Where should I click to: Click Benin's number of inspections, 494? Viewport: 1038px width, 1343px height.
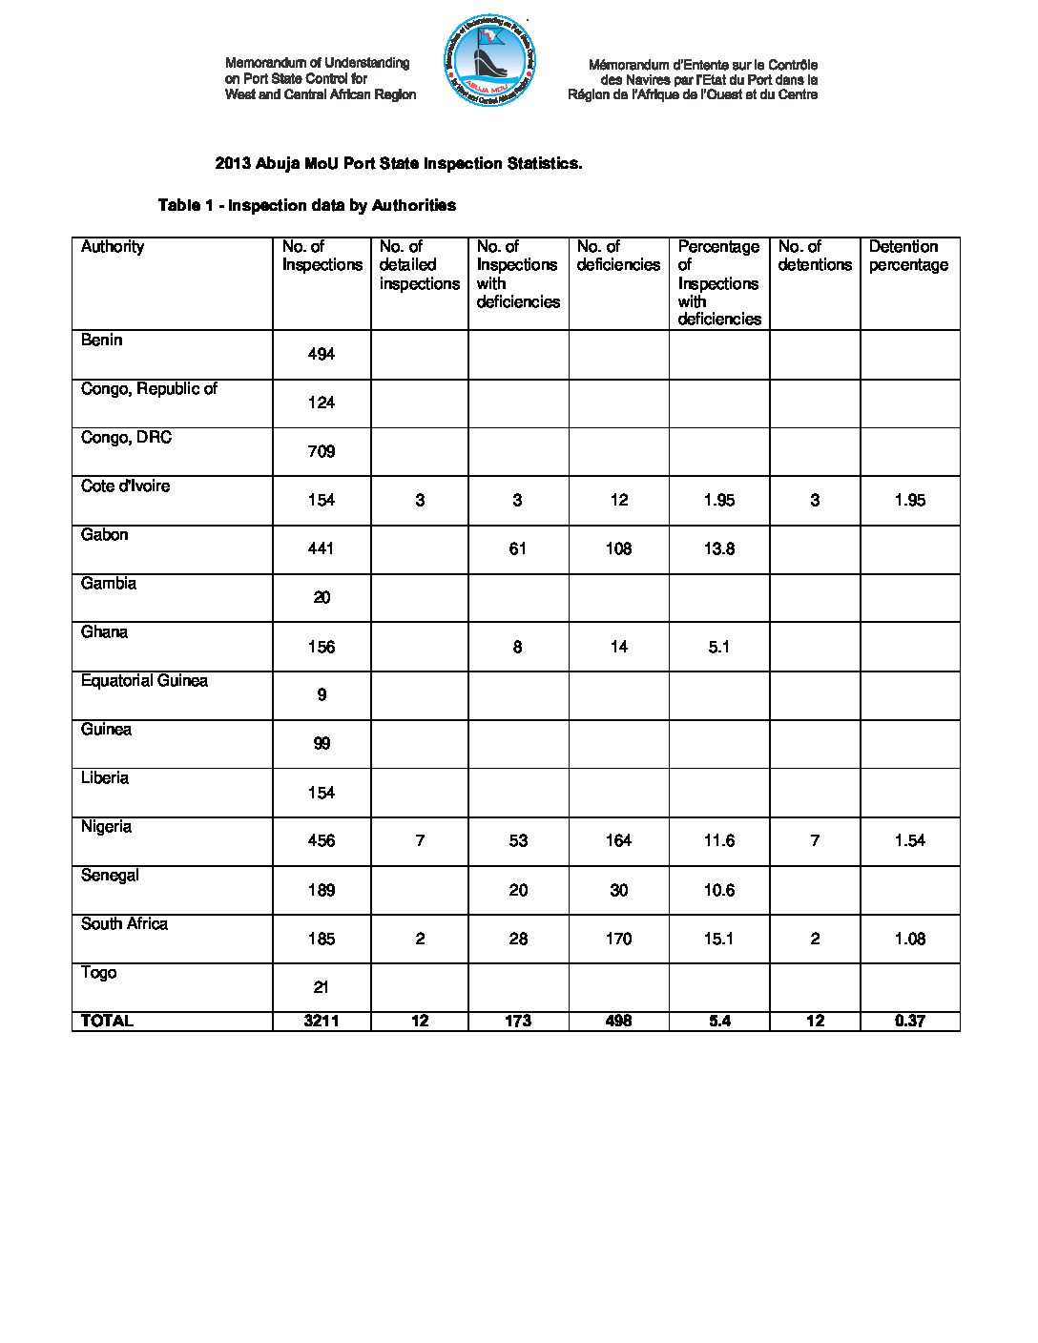pos(321,354)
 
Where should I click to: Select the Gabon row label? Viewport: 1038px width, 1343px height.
pos(104,535)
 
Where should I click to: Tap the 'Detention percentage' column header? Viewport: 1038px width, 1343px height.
pos(908,256)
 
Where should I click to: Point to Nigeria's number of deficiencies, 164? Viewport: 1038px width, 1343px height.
pos(618,840)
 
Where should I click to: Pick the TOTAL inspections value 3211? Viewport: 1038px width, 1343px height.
pos(322,1021)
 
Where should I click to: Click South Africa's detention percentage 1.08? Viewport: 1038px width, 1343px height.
pos(909,939)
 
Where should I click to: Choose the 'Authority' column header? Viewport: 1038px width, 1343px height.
pos(113,247)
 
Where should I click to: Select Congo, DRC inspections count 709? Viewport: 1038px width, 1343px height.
pos(321,451)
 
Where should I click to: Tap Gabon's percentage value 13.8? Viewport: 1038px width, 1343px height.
pos(718,548)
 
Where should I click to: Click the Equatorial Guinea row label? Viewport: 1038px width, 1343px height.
pos(144,681)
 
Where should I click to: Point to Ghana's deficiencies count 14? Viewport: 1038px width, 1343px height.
pos(618,647)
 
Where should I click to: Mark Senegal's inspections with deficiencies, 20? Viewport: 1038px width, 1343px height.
pos(517,890)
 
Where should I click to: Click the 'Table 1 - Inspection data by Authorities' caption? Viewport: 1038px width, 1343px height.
pos(306,205)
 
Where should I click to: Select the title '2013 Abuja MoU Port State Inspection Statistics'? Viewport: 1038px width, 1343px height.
pos(398,163)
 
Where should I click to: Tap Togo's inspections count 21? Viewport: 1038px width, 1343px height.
pos(321,987)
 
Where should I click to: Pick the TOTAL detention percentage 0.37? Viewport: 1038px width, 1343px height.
pos(909,1021)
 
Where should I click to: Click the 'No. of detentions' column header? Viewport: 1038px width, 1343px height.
pos(814,256)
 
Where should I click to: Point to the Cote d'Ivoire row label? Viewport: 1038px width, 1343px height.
pos(125,486)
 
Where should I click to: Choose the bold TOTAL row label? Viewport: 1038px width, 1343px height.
pos(107,1021)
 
